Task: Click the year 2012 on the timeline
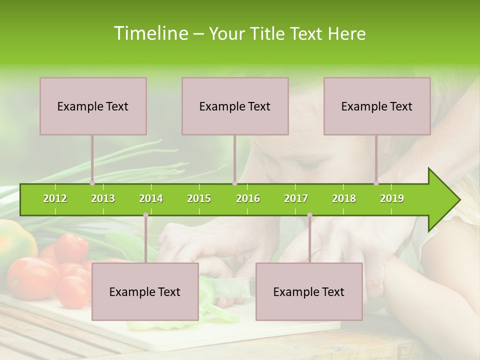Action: point(55,198)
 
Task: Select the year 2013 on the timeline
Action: point(103,198)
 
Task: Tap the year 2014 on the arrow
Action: point(151,198)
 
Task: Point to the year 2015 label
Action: point(199,198)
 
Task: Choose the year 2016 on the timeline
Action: point(248,198)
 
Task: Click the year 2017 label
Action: point(296,198)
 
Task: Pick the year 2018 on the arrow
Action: point(344,198)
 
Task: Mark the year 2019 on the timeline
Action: point(392,198)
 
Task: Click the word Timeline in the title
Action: point(150,33)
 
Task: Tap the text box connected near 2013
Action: point(93,106)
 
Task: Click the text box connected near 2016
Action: point(235,106)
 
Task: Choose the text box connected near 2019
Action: point(377,106)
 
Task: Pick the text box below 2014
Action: point(145,291)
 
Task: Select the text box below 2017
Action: point(309,291)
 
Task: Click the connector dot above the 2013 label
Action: point(92,183)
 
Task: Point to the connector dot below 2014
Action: point(145,215)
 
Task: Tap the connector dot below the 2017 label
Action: point(309,215)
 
